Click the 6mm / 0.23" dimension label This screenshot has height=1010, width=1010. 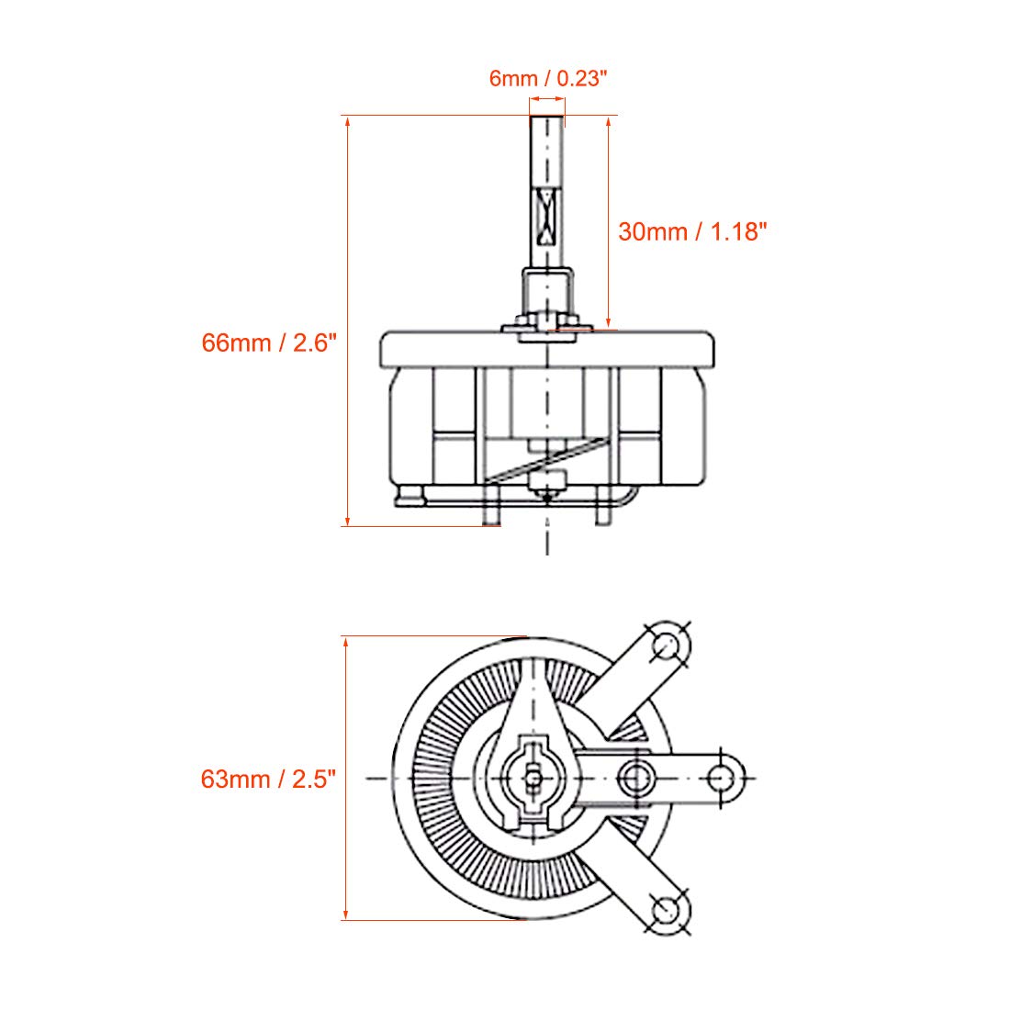click(548, 79)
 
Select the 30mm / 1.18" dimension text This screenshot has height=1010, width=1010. click(692, 232)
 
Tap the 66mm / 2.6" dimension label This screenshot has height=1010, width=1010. click(269, 342)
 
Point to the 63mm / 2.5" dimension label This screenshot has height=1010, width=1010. click(269, 780)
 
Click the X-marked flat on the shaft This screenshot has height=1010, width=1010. click(547, 217)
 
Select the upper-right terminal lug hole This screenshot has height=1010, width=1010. click(667, 645)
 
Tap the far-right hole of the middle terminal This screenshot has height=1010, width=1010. click(720, 778)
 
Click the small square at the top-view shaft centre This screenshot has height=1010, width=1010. click(533, 779)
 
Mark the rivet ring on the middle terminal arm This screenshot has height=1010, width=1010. click(635, 778)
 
